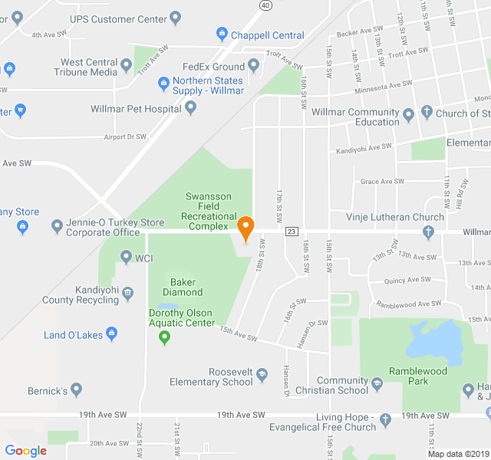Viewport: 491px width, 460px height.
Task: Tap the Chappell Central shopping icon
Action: click(222, 34)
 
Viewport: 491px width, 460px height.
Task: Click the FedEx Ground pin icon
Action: click(254, 67)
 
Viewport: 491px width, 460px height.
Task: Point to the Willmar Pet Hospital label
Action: click(137, 108)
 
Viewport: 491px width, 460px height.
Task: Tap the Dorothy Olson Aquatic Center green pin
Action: click(163, 338)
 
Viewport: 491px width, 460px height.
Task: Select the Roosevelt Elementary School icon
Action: click(262, 374)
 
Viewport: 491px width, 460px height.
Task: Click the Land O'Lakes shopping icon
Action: click(112, 333)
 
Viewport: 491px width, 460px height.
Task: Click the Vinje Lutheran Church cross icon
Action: click(429, 232)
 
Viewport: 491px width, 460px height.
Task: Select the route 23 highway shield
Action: click(291, 232)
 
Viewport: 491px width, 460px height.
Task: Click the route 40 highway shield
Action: click(265, 5)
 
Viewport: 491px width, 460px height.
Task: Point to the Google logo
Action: click(25, 451)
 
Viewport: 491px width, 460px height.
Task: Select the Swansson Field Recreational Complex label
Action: click(208, 211)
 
